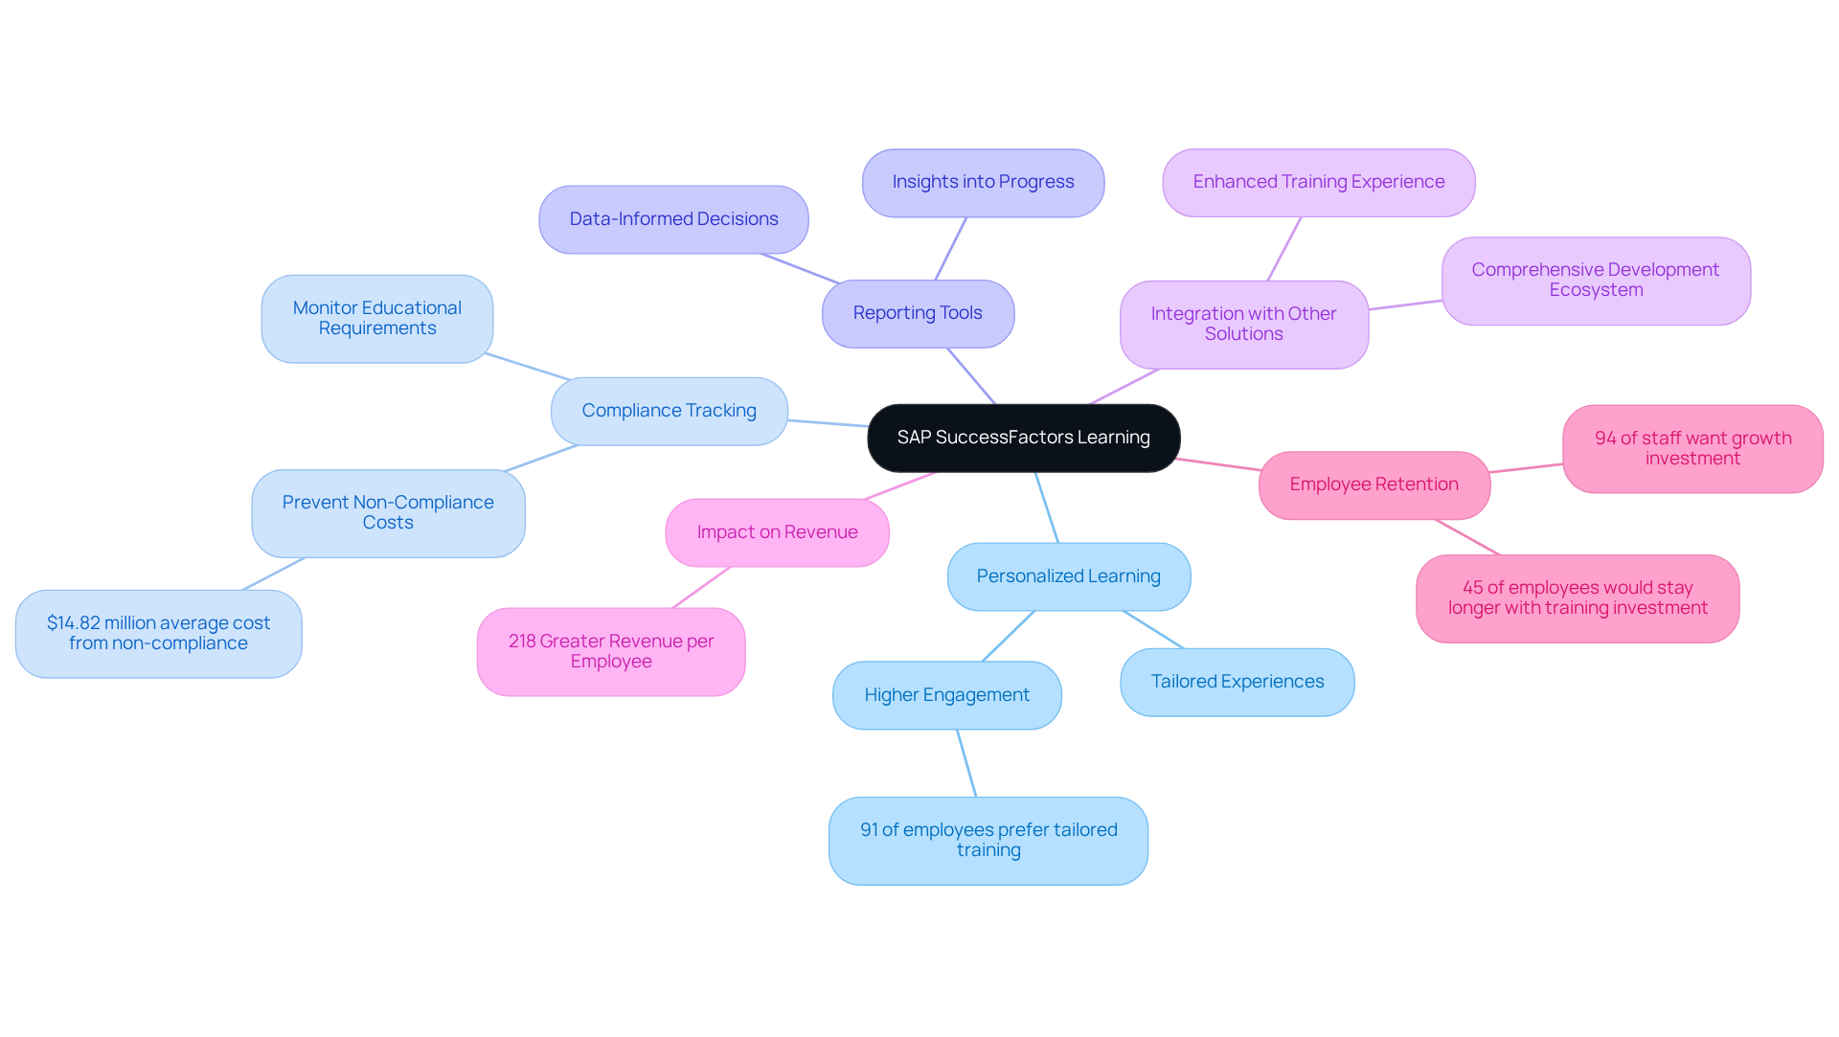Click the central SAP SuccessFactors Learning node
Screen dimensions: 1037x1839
[1023, 438]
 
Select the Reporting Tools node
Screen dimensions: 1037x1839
[918, 313]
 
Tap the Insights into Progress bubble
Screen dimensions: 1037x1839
[983, 182]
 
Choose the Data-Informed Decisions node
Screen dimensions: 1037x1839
[673, 219]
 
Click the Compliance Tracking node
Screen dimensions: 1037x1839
[669, 411]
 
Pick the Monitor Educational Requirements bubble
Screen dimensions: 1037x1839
[376, 318]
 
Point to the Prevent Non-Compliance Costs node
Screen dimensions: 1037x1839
[388, 512]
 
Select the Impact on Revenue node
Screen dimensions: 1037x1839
[777, 532]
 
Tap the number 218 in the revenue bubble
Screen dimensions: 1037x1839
[522, 642]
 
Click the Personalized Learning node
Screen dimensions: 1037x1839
[1068, 576]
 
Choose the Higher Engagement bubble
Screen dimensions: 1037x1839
[946, 695]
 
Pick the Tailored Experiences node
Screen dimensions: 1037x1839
[1237, 682]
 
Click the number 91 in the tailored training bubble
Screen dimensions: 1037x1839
[869, 830]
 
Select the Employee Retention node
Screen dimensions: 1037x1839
[1374, 485]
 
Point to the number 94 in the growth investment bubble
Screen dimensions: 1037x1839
[1605, 439]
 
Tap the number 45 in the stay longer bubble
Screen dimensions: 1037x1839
[1472, 588]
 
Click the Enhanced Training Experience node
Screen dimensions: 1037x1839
[1318, 182]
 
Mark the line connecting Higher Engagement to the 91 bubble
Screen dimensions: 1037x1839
[966, 763]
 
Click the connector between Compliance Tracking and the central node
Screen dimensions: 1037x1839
[829, 423]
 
